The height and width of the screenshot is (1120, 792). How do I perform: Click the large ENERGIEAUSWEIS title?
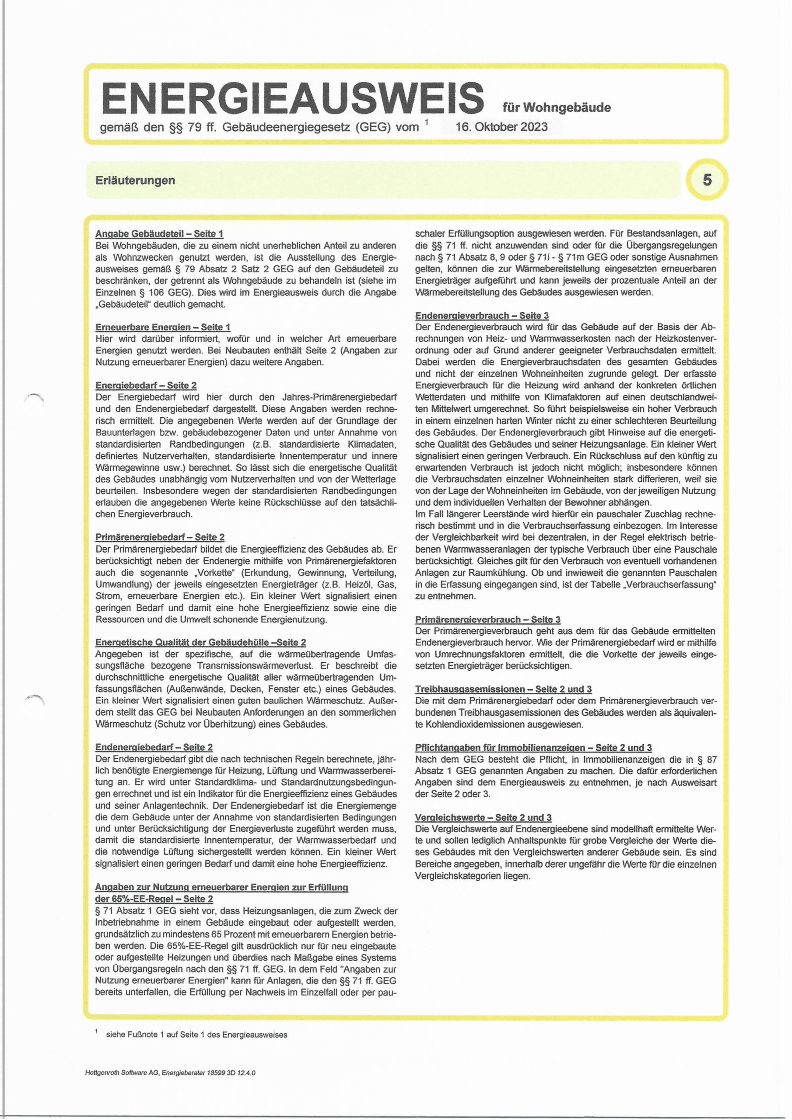292,97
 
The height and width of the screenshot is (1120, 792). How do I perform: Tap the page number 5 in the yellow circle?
707,180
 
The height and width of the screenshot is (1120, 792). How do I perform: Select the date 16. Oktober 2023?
501,127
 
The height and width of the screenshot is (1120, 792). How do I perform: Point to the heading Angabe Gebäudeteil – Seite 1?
160,234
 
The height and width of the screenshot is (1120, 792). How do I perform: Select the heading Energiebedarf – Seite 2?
146,385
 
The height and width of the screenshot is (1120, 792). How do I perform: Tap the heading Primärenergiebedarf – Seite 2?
160,537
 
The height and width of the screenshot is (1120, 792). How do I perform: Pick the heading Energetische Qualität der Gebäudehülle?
200,642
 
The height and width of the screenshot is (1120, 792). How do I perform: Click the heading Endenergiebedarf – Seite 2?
154,747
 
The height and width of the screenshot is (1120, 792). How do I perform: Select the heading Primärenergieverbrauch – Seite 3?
487,619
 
